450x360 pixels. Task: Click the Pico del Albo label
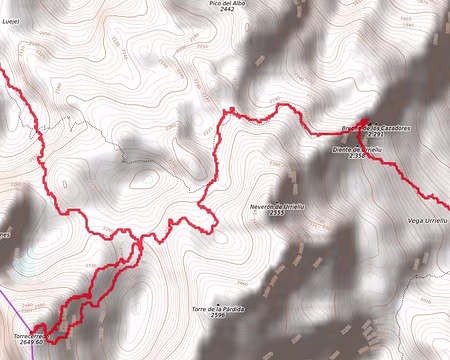[x=228, y=4]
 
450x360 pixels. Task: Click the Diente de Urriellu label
[x=357, y=149]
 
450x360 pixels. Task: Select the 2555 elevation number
[x=278, y=213]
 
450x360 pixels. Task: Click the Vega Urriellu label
[x=428, y=219]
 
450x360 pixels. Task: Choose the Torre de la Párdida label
[x=212, y=308]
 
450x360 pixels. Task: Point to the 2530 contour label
[x=92, y=265]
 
